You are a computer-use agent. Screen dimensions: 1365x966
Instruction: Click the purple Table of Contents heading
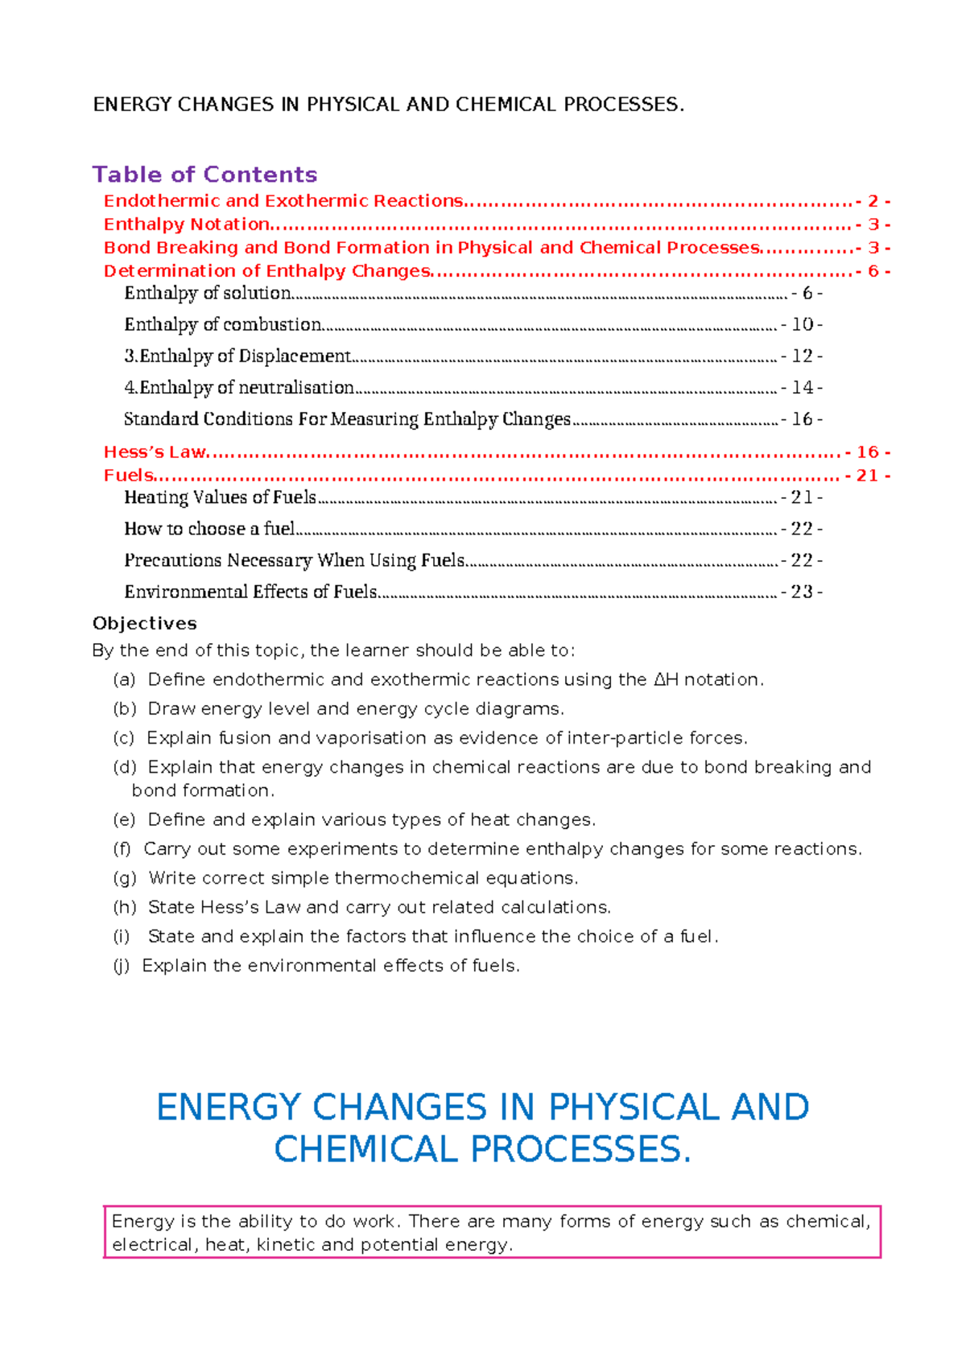coord(204,175)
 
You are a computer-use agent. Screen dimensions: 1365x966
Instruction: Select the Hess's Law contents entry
coord(155,452)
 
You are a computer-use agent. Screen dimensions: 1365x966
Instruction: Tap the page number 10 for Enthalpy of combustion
coord(802,324)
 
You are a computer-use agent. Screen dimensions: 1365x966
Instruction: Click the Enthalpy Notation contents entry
coord(187,225)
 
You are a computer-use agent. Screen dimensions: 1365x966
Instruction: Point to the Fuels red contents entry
coord(128,476)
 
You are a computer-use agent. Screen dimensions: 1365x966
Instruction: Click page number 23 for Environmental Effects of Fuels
coord(802,592)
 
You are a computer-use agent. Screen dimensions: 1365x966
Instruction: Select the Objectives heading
coord(145,624)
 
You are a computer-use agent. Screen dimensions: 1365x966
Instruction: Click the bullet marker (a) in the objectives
coord(124,680)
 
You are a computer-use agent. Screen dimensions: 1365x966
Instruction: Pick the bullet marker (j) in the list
coord(121,966)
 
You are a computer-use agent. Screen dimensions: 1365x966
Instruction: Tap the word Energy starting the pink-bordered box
coord(142,1222)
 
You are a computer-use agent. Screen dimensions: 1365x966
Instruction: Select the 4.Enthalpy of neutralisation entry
coord(239,388)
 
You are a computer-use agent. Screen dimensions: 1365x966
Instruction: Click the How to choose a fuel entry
coord(209,529)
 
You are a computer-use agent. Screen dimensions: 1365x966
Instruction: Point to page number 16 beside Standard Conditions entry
coord(802,419)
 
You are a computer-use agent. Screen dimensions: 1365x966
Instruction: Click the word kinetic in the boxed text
coord(285,1245)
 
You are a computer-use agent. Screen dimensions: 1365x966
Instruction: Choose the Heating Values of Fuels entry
coord(220,497)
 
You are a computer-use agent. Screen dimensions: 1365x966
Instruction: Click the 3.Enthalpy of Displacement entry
coord(237,357)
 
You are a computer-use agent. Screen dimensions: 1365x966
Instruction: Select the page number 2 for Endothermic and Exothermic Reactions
coord(873,201)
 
